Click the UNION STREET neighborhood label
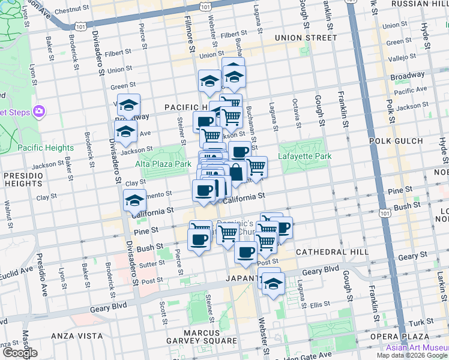(x=306, y=38)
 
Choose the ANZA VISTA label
(x=74, y=335)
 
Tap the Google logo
(x=19, y=353)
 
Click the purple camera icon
(x=40, y=111)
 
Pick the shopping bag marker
(x=237, y=172)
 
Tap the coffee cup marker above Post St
(x=245, y=252)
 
